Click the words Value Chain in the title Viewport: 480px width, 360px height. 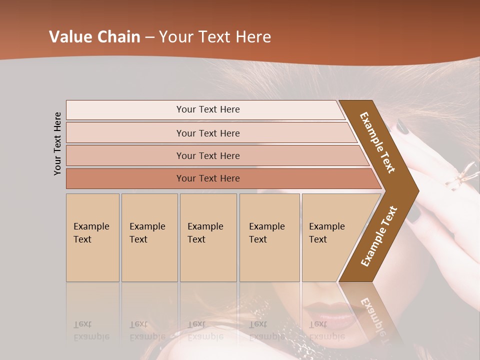point(94,37)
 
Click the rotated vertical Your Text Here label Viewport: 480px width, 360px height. point(58,143)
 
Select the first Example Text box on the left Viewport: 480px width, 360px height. point(92,237)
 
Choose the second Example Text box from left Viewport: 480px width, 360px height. point(149,237)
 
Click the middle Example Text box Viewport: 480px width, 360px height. point(208,237)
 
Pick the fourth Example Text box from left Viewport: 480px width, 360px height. point(269,237)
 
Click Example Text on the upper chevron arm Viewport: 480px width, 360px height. point(377,142)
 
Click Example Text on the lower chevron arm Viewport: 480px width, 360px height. point(378,236)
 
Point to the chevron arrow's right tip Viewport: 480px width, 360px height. point(418,190)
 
